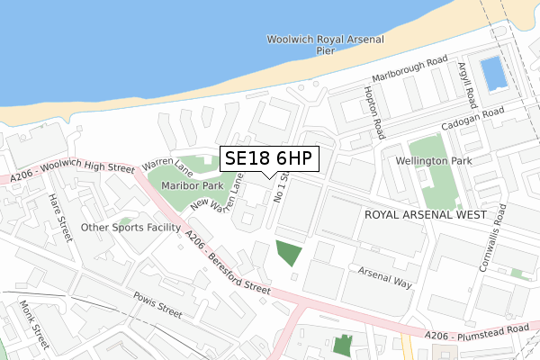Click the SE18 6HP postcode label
click(268, 158)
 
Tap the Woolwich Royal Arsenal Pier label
click(325, 45)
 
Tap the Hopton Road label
click(374, 112)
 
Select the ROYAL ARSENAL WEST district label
click(426, 216)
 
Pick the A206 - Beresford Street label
click(226, 263)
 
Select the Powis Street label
click(157, 306)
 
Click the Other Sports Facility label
click(130, 228)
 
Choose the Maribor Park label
click(193, 185)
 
